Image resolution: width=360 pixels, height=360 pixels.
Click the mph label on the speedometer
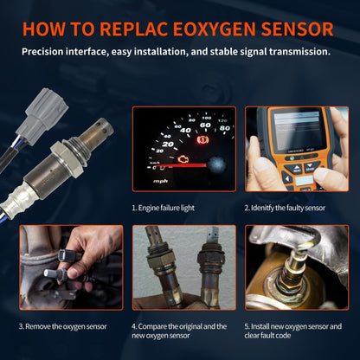click(x=160, y=182)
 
